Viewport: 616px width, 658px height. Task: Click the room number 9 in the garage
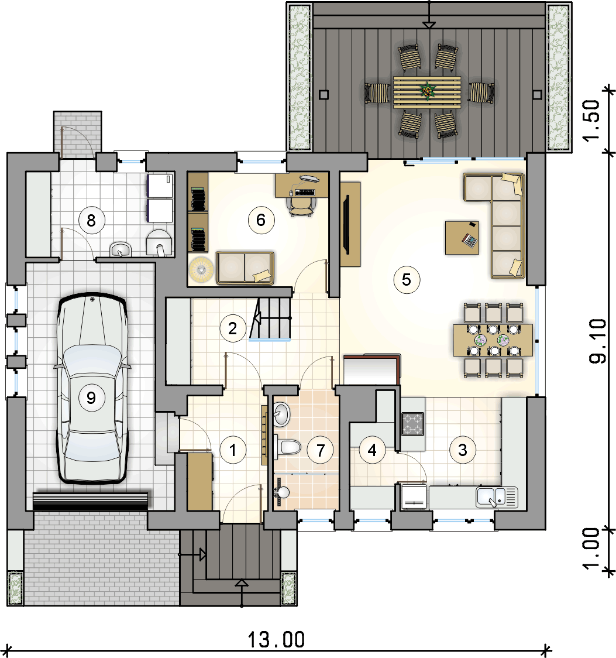(x=91, y=397)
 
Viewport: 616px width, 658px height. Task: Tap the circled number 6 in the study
(x=261, y=220)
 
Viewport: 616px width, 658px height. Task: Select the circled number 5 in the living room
(x=407, y=279)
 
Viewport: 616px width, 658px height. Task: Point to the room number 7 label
(x=321, y=450)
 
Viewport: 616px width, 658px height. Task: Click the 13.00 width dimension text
(x=276, y=639)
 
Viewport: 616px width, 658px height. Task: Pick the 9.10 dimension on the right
(x=597, y=341)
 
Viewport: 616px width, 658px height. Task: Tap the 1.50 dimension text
(x=591, y=121)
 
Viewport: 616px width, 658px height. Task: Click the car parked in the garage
(x=92, y=388)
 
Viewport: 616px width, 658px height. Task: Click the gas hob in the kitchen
(x=412, y=424)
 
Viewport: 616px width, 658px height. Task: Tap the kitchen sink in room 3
(x=497, y=497)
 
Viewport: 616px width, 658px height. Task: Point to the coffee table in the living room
(x=462, y=238)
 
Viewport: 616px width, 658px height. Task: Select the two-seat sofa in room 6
(x=245, y=268)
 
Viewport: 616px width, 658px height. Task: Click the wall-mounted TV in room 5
(x=346, y=224)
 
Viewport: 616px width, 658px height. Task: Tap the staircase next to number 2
(x=270, y=318)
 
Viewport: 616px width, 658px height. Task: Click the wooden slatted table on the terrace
(x=427, y=92)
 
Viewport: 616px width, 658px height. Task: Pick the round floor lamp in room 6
(x=201, y=269)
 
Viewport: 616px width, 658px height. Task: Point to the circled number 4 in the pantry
(x=372, y=450)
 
